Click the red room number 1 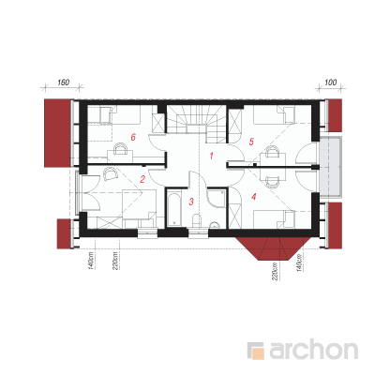212,156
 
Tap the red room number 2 142,179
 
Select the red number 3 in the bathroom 191,202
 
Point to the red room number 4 254,197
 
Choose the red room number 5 251,142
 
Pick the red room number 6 133,137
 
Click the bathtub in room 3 173,209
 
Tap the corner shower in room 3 217,198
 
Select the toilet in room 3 197,221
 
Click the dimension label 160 64,82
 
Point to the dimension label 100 331,82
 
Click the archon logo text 314,351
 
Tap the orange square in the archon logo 258,354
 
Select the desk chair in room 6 121,148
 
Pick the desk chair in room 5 272,152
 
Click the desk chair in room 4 272,183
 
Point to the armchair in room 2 110,173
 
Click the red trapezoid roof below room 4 270,248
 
